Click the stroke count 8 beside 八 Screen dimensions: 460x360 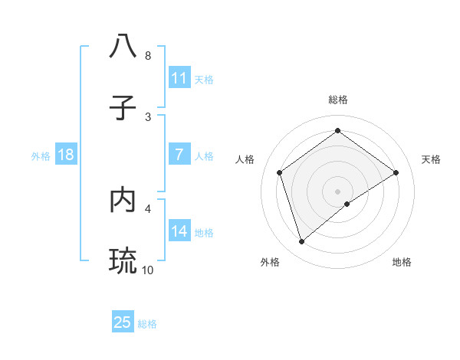coord(147,56)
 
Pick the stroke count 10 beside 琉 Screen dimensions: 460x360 coord(147,270)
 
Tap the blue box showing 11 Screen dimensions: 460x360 coord(179,78)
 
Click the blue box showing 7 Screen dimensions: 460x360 coord(179,155)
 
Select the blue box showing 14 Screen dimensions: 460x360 coord(179,231)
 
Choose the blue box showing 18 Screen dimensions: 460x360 coord(66,155)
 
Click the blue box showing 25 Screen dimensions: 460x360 coord(123,322)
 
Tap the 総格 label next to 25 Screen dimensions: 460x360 coord(147,324)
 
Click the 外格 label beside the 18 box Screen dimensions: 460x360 coord(41,155)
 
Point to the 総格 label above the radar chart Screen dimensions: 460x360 coord(338,100)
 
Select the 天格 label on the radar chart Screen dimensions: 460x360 coord(431,159)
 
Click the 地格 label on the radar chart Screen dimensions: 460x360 coord(402,262)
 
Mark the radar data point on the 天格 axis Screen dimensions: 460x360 coord(396,172)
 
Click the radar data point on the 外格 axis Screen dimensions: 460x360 coord(302,242)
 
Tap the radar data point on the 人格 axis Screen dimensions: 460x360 coord(280,172)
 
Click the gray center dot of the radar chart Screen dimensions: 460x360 coord(338,191)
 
